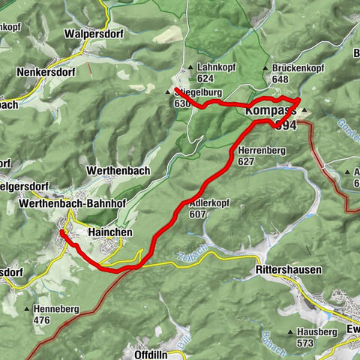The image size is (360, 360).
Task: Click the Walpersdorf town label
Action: [x=93, y=34]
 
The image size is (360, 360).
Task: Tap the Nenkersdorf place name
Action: [x=46, y=73]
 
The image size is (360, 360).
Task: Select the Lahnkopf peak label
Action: [x=214, y=66]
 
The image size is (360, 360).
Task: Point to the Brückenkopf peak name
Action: [x=298, y=67]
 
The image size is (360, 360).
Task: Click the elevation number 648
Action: [x=281, y=79]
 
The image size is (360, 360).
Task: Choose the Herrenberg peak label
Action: [x=262, y=150]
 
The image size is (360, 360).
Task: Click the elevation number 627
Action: [x=247, y=161]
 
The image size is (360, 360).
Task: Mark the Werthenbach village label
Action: [x=118, y=170]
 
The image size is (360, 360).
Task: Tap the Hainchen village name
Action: [x=110, y=232]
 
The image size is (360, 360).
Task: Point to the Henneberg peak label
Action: [x=61, y=308]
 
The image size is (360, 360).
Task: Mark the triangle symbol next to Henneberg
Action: [x=27, y=309]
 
